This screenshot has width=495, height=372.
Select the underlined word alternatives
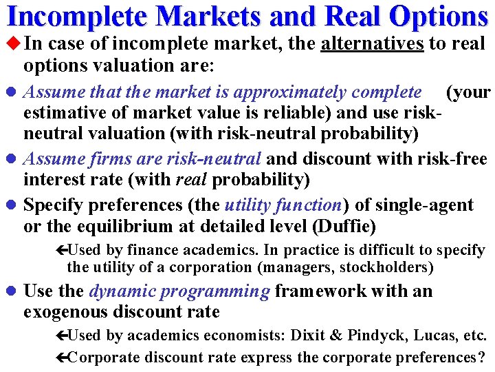(372, 44)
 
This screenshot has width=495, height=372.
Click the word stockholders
(384, 267)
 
